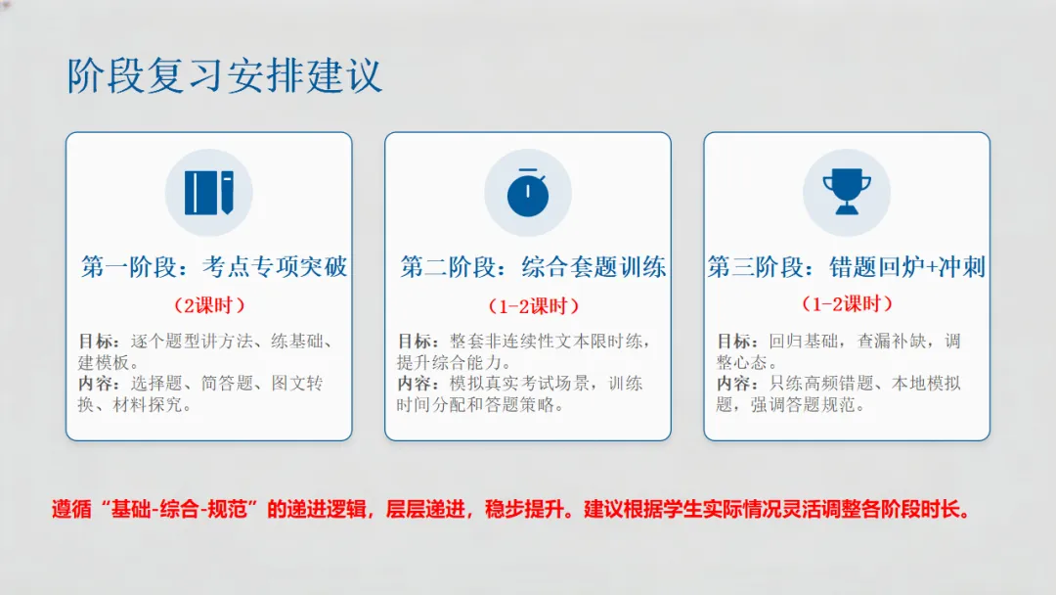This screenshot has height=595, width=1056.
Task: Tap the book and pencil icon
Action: point(209,193)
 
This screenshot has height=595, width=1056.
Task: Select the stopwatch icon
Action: point(528,193)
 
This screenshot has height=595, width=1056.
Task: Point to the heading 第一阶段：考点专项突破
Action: point(214,267)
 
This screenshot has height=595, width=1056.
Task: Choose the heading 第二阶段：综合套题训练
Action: point(533,267)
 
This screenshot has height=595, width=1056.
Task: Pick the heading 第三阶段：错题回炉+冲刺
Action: point(847,267)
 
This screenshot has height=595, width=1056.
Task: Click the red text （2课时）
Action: point(209,304)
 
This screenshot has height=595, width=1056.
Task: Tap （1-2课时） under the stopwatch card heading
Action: point(533,305)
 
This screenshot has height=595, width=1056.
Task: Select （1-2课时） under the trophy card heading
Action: point(847,304)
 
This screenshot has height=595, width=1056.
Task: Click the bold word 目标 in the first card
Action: point(98,342)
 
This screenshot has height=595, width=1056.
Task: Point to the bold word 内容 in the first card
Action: point(98,384)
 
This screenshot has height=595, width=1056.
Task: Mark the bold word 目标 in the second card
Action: point(417,342)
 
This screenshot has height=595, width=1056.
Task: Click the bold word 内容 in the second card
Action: point(417,384)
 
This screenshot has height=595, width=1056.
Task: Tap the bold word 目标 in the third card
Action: point(735,342)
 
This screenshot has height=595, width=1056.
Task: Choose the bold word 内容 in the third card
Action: point(735,384)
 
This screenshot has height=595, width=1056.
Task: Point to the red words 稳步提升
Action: point(528,510)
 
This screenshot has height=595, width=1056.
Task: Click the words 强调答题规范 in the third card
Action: point(808,404)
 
